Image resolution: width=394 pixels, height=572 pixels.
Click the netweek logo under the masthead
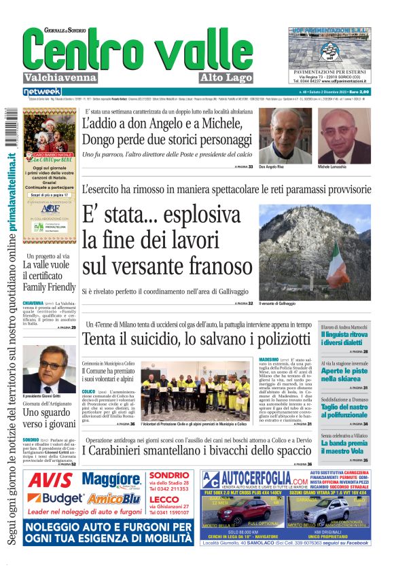click(x=42, y=91)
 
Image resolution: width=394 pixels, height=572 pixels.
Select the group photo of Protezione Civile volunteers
click(x=196, y=390)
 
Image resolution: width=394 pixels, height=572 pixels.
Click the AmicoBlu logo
click(x=112, y=499)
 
